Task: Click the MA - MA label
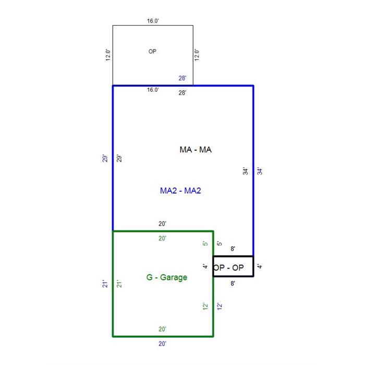pyautogui.click(x=196, y=150)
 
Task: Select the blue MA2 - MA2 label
pyautogui.click(x=180, y=191)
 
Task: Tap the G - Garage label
pyautogui.click(x=167, y=277)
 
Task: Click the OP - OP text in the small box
pyautogui.click(x=228, y=267)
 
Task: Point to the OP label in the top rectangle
pyautogui.click(x=152, y=51)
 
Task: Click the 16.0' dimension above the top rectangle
pyautogui.click(x=153, y=21)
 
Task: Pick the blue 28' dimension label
pyautogui.click(x=182, y=78)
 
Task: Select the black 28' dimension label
pyautogui.click(x=182, y=93)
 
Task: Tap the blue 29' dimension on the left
pyautogui.click(x=105, y=159)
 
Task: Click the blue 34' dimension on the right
pyautogui.click(x=260, y=171)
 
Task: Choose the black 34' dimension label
pyautogui.click(x=246, y=171)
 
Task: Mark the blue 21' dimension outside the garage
pyautogui.click(x=105, y=284)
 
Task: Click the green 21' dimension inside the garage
pyautogui.click(x=119, y=284)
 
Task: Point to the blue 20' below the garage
pyautogui.click(x=162, y=344)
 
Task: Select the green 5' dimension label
pyautogui.click(x=205, y=244)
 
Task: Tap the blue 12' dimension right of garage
pyautogui.click(x=220, y=306)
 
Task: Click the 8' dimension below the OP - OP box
pyautogui.click(x=233, y=283)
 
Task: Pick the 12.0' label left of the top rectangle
pyautogui.click(x=108, y=55)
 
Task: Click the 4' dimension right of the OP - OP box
pyautogui.click(x=260, y=266)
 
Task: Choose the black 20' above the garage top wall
pyautogui.click(x=162, y=224)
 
